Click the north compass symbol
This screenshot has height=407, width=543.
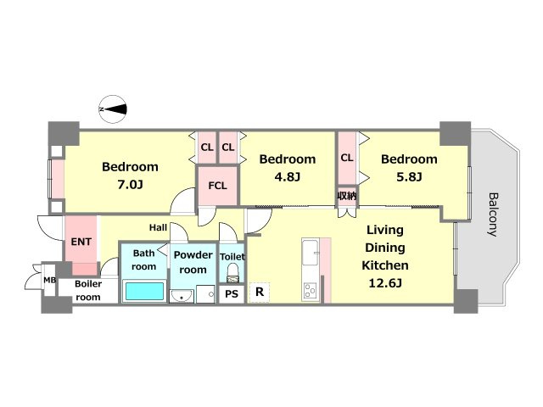click(x=113, y=109)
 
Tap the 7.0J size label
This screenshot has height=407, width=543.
click(x=130, y=185)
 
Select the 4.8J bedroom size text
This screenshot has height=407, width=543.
click(x=288, y=177)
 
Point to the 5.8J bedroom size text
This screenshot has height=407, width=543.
click(x=409, y=177)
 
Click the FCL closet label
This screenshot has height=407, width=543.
click(x=217, y=186)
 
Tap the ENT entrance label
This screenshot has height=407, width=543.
click(x=81, y=242)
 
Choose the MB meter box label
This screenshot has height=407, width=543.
click(x=49, y=280)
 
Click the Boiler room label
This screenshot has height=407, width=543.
click(x=88, y=290)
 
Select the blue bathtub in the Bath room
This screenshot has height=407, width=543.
click(x=144, y=291)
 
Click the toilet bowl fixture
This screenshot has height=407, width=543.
click(x=232, y=273)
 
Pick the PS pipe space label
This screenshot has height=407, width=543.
click(x=232, y=294)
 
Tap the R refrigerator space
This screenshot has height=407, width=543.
click(x=260, y=292)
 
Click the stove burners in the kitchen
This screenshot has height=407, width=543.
click(x=310, y=291)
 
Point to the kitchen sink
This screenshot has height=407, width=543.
click(x=310, y=252)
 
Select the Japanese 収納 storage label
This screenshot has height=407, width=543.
click(x=347, y=196)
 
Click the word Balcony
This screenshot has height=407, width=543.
click(x=493, y=215)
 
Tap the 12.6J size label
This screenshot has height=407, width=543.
click(x=385, y=283)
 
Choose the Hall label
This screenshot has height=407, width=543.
click(x=158, y=227)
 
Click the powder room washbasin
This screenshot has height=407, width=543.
click(x=182, y=296)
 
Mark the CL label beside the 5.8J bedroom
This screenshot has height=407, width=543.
click(x=347, y=158)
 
